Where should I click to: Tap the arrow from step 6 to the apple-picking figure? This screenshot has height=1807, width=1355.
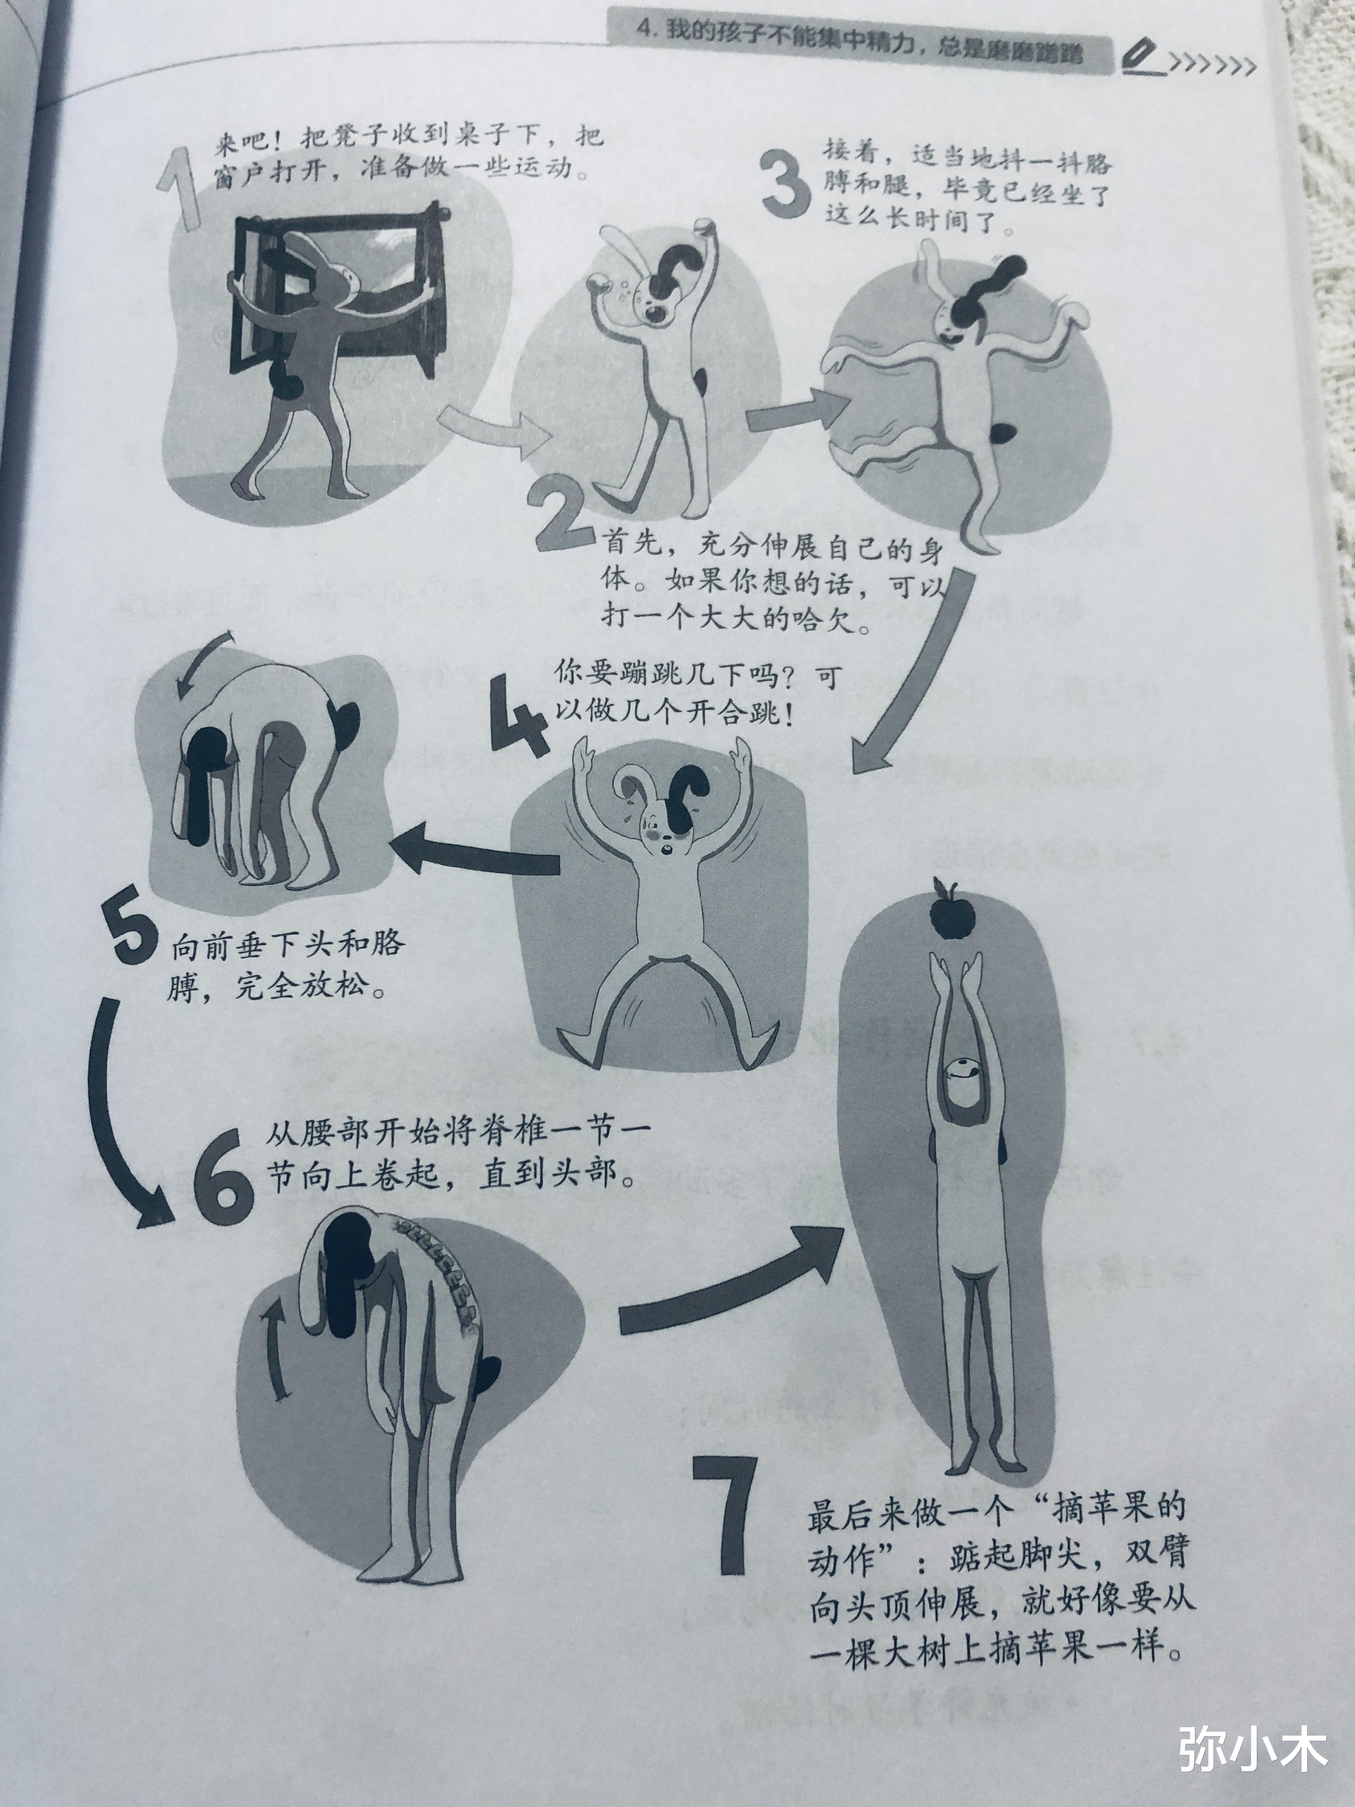(727, 1279)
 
